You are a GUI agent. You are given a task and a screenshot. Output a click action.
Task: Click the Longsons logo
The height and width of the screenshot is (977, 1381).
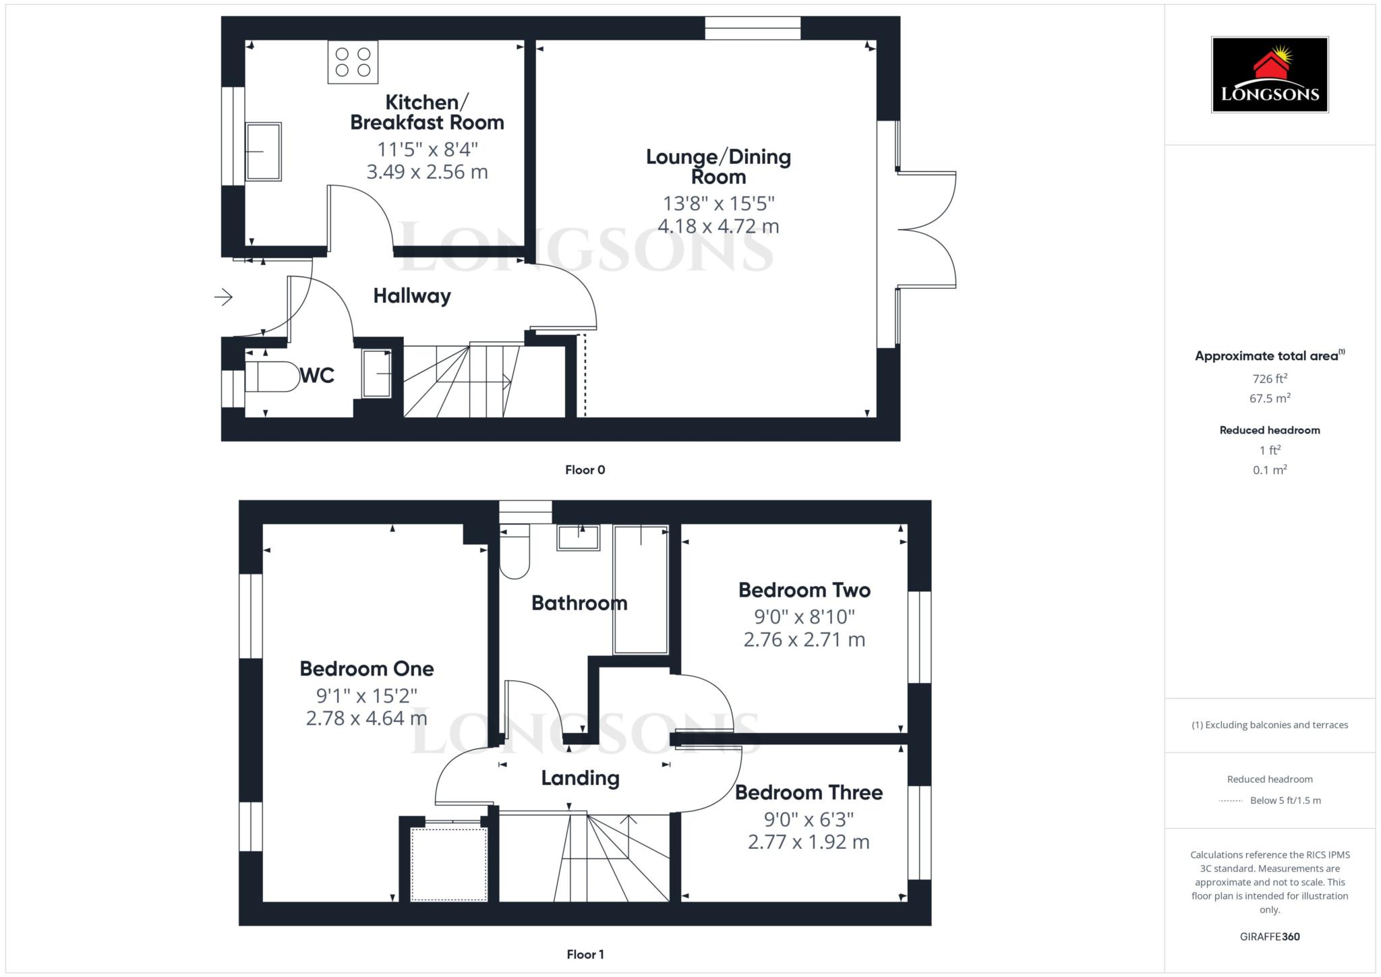[1269, 74]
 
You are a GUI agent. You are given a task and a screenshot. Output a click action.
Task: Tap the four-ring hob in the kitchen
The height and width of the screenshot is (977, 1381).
[353, 62]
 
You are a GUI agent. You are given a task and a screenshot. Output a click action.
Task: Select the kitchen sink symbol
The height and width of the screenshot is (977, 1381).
[263, 152]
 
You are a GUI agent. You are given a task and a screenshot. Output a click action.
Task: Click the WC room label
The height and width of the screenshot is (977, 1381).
[317, 376]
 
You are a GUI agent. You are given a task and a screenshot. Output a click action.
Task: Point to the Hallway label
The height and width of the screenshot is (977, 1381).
[412, 296]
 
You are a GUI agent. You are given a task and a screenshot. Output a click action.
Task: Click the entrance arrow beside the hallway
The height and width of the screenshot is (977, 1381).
[224, 297]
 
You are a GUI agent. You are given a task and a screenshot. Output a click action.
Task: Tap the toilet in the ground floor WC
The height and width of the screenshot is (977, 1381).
[272, 377]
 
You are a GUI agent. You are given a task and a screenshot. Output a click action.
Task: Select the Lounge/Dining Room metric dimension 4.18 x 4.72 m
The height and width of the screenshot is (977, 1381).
[718, 227]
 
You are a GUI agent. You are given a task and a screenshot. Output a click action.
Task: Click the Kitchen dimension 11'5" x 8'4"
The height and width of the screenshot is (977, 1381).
[427, 149]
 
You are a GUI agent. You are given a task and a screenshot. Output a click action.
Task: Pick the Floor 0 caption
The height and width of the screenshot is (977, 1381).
[585, 470]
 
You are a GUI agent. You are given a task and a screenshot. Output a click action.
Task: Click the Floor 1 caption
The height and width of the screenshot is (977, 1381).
[585, 954]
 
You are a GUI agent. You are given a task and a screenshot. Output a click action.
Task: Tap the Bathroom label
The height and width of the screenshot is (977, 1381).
[579, 603]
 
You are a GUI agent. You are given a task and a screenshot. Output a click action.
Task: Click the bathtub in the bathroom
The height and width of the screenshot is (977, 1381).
[641, 590]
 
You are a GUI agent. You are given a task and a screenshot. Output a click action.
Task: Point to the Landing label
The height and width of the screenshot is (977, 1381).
[580, 778]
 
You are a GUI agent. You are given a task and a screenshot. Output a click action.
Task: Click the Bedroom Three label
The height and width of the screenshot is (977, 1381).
[809, 792]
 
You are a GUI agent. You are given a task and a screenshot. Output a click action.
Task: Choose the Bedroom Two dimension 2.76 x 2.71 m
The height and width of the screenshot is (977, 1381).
[804, 639]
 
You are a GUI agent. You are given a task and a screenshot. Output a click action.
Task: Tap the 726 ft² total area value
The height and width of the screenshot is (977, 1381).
[1269, 379]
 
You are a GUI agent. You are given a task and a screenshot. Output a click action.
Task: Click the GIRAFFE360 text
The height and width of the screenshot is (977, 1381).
[1269, 937]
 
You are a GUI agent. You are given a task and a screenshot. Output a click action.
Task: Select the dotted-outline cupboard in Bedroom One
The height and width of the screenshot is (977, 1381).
[449, 864]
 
